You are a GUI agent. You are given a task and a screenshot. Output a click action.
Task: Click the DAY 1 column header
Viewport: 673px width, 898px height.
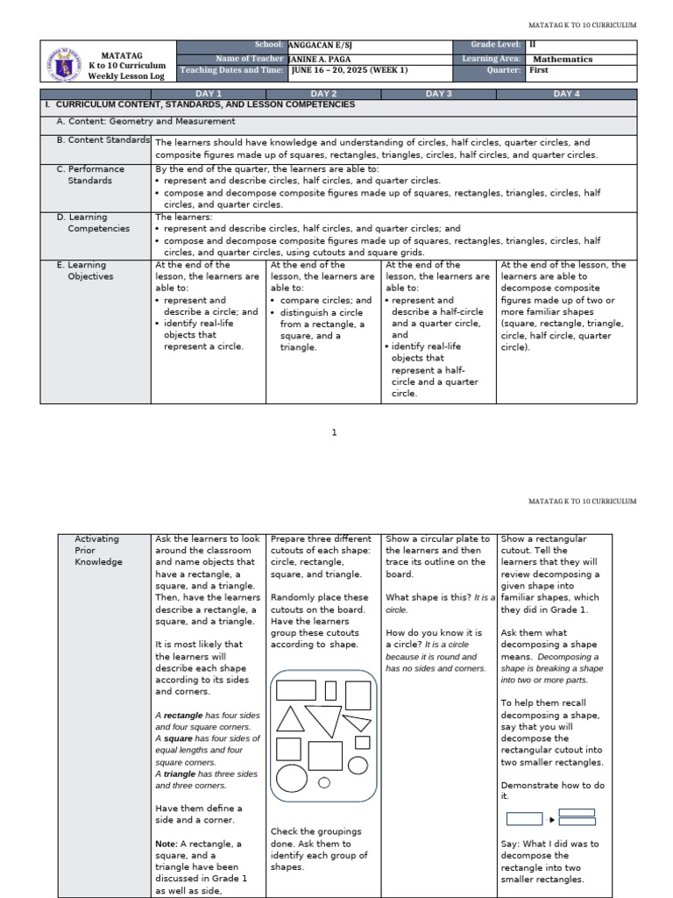point(208,93)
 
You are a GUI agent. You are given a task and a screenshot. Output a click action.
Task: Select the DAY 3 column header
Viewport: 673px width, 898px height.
point(438,93)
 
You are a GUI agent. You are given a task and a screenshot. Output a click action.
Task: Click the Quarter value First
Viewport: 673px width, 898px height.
point(539,70)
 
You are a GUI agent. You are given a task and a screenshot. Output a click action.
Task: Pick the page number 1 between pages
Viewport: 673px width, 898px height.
point(334,432)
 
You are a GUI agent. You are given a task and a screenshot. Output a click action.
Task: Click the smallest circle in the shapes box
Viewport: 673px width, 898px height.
point(324,782)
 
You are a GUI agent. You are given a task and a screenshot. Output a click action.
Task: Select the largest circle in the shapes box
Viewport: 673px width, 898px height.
point(358,766)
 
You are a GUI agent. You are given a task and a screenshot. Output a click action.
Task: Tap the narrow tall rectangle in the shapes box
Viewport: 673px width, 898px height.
point(330,690)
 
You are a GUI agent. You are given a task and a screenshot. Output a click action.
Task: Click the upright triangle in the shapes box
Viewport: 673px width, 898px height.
point(290,719)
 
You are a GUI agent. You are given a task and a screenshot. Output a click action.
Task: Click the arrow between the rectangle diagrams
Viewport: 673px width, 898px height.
point(551,819)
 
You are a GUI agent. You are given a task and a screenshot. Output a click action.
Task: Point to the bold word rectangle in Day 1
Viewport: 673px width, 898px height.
point(182,715)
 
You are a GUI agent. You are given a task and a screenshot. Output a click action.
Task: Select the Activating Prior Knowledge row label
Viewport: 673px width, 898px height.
point(97,550)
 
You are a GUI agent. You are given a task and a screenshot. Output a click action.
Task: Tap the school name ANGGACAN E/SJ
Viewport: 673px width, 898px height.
point(316,44)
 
